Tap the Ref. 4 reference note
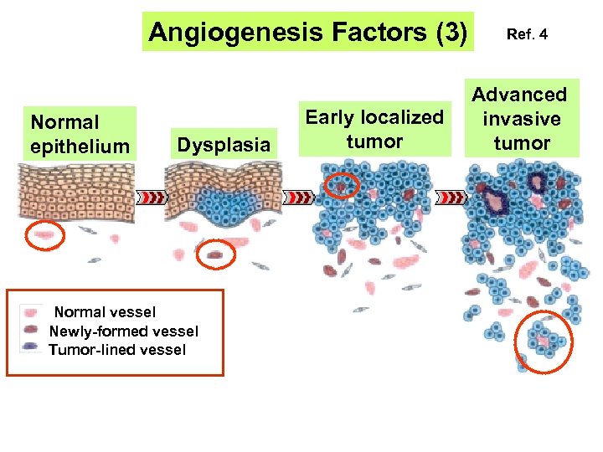click(527, 35)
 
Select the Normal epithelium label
click(80, 135)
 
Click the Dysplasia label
click(223, 146)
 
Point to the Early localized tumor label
click(374, 129)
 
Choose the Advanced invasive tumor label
click(520, 119)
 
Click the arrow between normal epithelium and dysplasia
click(152, 198)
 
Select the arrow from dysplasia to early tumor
click(299, 198)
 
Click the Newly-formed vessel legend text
click(124, 331)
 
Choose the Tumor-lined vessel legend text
click(117, 349)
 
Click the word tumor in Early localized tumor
click(374, 141)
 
